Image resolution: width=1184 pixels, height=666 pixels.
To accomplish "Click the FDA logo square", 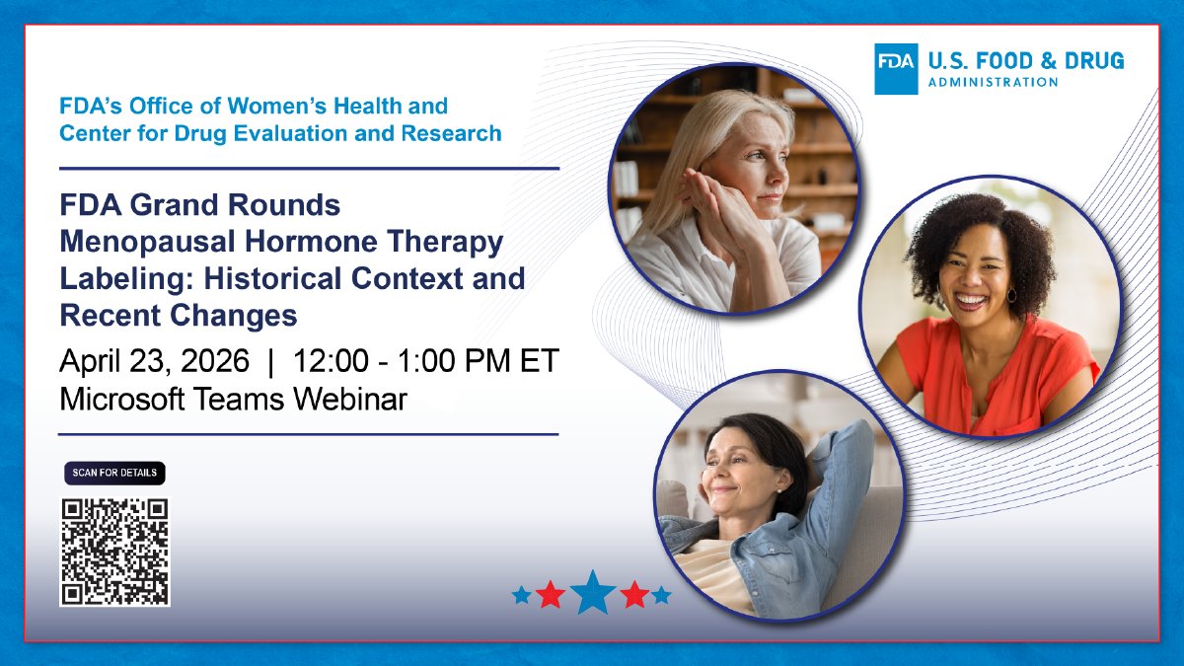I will [x=896, y=69].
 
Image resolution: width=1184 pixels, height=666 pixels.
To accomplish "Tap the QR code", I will [x=114, y=552].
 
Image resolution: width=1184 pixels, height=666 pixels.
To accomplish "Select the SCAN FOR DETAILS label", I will [x=114, y=474].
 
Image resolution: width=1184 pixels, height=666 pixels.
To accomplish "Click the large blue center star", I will [x=593, y=593].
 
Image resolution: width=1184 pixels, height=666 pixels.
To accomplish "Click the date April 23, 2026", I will [x=155, y=361].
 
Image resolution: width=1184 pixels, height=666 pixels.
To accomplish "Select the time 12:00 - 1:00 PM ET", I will [x=426, y=361].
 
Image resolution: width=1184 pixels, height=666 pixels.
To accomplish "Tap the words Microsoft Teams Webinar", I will [x=233, y=399].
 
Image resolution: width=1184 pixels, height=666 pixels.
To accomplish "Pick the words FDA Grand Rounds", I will [x=200, y=205].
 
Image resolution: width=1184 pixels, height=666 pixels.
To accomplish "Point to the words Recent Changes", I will [x=179, y=315].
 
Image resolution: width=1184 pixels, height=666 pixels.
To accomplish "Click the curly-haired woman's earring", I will [x=1011, y=295].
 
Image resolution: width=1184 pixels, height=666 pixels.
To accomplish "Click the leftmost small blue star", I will [x=521, y=595].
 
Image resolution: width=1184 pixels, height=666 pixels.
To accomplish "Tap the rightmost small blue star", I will [x=661, y=595].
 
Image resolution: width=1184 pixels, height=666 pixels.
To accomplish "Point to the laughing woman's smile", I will [x=972, y=298].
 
